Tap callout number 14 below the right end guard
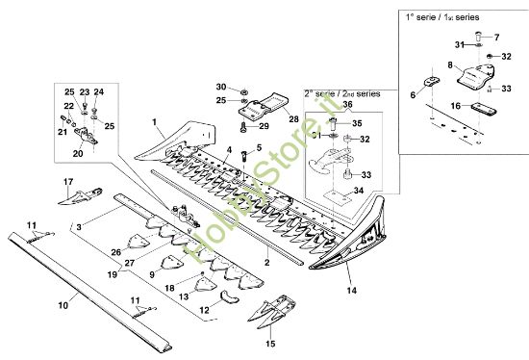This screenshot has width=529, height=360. pos(351,290)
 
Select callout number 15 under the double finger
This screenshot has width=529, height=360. pos(270,342)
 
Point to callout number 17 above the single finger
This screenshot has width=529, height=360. pos(68,181)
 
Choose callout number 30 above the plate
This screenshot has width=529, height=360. pos(221,87)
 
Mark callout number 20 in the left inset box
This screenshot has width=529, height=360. pos(78,152)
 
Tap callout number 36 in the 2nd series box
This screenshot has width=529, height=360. pos(347,104)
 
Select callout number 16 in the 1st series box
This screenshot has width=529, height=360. pos(457,105)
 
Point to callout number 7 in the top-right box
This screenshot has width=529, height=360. pos(498,37)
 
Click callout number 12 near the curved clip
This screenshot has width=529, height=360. pos(204,310)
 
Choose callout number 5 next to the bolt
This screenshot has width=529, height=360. pos(259,147)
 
